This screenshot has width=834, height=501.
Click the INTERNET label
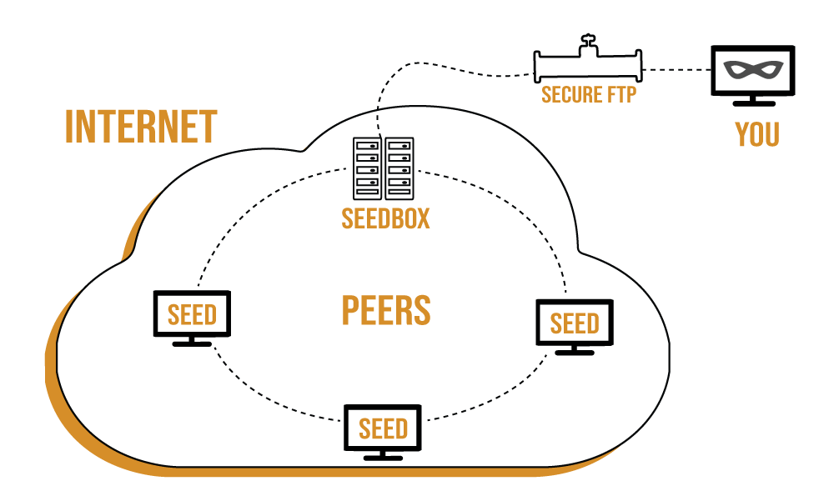pos(141,127)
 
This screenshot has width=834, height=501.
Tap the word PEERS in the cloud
pos(386,309)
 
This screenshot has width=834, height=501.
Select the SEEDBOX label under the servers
pos(385,218)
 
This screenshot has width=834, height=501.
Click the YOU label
pos(757,134)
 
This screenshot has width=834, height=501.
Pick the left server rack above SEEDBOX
pos(367,168)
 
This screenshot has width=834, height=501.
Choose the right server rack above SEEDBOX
pos(399,168)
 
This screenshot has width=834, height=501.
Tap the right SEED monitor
pos(575,323)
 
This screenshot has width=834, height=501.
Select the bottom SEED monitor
pos(383,428)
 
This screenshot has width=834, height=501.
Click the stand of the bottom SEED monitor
pos(383,456)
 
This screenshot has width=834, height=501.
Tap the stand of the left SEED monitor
pos(192,341)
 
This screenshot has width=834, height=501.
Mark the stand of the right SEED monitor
pos(575,350)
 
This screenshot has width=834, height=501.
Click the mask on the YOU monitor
pos(751,72)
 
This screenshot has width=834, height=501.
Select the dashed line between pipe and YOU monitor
pos(676,67)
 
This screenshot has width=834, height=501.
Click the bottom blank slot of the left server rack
pos(367,193)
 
